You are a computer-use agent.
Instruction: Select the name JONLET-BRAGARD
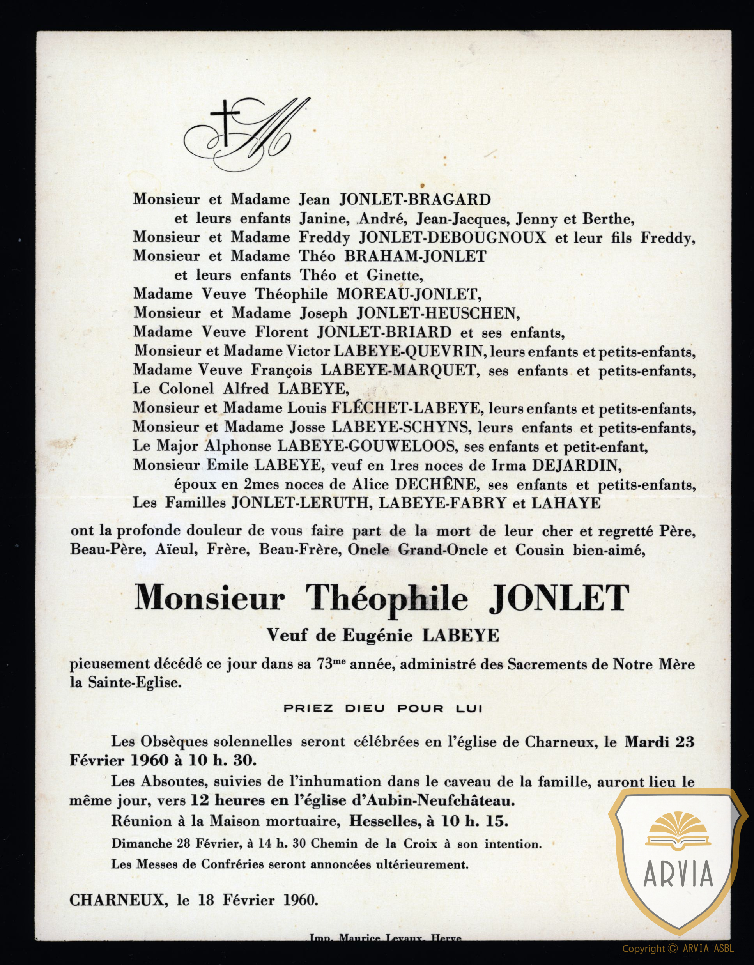pyautogui.click(x=415, y=200)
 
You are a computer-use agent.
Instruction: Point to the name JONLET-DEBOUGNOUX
pyautogui.click(x=452, y=238)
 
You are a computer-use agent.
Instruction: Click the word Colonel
pyautogui.click(x=186, y=389)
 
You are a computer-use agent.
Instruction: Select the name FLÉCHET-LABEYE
pyautogui.click(x=406, y=408)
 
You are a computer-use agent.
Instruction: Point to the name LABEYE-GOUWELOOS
pyautogui.click(x=366, y=446)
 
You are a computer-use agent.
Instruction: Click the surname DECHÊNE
pyautogui.click(x=436, y=484)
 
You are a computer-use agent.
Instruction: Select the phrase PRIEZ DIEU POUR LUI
pyautogui.click(x=382, y=709)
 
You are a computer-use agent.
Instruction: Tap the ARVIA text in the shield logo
pyautogui.click(x=678, y=873)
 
